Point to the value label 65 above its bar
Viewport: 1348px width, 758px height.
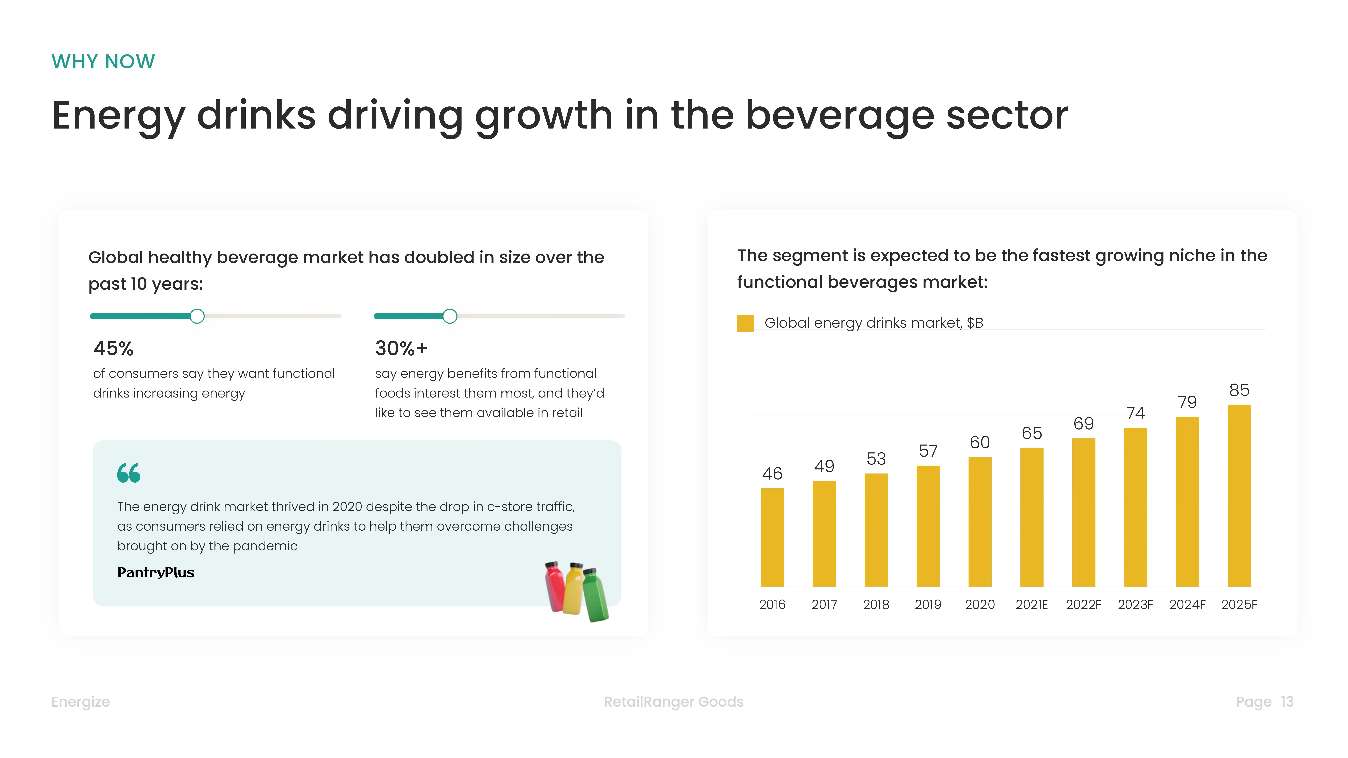click(x=1031, y=433)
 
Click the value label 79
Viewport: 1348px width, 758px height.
click(x=1187, y=402)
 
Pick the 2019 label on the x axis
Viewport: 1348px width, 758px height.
click(x=928, y=605)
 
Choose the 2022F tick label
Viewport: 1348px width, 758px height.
click(x=1083, y=605)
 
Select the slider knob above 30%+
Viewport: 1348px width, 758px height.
click(x=450, y=316)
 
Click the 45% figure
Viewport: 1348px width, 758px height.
click(x=114, y=348)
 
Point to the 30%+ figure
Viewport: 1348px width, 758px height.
click(x=401, y=348)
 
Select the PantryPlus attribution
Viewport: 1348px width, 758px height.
click(x=156, y=573)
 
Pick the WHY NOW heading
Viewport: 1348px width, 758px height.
click(x=103, y=62)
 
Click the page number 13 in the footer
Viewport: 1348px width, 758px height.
click(x=1287, y=702)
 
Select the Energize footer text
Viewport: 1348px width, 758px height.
click(x=81, y=702)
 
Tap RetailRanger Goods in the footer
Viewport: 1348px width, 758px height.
click(x=673, y=702)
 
